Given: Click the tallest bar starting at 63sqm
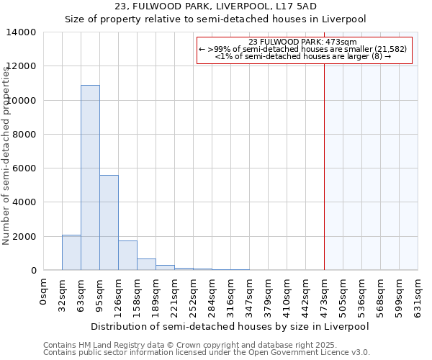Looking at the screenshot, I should click(x=90, y=178).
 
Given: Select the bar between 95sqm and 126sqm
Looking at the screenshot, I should click(x=109, y=222).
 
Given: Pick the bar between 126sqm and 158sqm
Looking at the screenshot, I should click(x=127, y=256).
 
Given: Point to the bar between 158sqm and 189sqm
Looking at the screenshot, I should click(x=146, y=264).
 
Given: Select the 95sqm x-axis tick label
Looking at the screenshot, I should click(x=99, y=292).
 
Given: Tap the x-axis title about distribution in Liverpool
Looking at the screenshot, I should click(x=230, y=326).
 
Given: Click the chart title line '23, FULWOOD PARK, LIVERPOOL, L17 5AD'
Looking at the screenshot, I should click(x=216, y=6).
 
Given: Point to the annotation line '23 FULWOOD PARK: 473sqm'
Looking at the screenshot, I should click(x=302, y=42).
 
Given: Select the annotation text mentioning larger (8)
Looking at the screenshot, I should click(x=302, y=56).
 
